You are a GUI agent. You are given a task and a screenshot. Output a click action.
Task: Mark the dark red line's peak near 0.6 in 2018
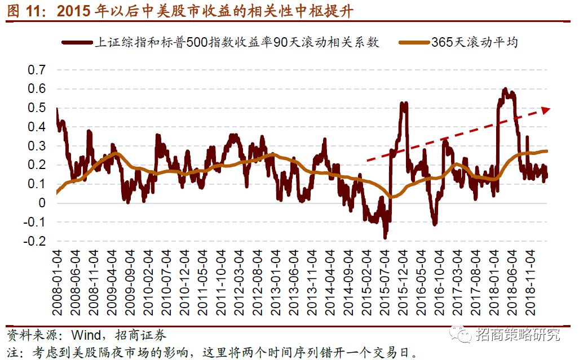(x=505, y=89)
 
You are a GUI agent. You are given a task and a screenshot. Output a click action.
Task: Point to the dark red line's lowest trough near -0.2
(x=386, y=238)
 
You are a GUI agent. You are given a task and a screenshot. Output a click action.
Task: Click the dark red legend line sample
(x=77, y=42)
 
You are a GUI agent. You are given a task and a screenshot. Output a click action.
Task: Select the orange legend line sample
(x=413, y=42)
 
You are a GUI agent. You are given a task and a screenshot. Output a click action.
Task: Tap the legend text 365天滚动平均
(x=475, y=42)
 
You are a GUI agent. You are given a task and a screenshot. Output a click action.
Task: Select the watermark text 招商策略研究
(x=518, y=335)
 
